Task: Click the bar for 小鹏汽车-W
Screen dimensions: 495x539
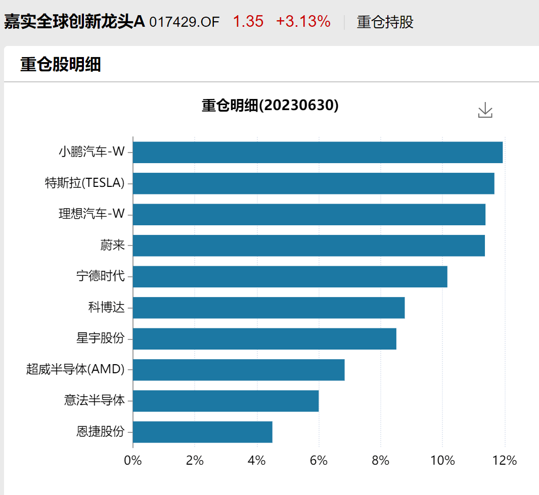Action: [x=318, y=153]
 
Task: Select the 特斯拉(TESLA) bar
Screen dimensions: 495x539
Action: [x=313, y=183]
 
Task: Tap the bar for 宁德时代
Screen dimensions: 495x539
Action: [x=290, y=277]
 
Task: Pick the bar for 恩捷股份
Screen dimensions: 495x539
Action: [x=203, y=432]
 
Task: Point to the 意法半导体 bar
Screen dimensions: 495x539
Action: [x=226, y=401]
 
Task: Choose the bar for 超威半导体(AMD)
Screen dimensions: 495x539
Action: [x=239, y=370]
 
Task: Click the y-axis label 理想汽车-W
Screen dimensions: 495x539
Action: [x=92, y=214]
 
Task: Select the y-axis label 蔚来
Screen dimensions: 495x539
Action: [x=112, y=245]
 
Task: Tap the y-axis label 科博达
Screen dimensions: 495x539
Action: [x=106, y=307]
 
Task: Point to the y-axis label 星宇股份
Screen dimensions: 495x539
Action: [x=100, y=338]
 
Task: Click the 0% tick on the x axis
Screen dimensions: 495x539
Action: [x=133, y=461]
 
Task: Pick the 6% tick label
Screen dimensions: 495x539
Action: [x=319, y=461]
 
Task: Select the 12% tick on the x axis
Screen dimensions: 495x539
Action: [x=505, y=461]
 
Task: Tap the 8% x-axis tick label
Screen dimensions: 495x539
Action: [x=381, y=461]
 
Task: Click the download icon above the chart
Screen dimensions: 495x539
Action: [x=485, y=110]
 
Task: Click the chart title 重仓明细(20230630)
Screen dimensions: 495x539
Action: [x=270, y=106]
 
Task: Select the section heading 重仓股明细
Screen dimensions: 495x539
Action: [x=60, y=65]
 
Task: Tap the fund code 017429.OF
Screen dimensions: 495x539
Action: [x=185, y=22]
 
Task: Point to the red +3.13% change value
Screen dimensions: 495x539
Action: [x=303, y=22]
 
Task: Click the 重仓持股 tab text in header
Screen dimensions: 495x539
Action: [x=385, y=22]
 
